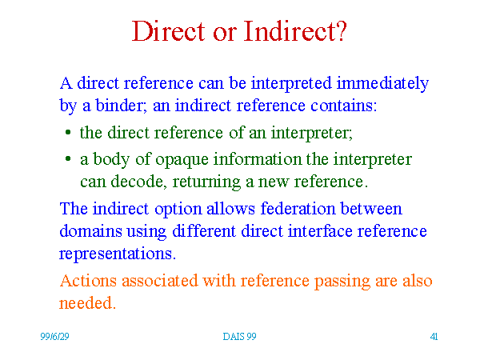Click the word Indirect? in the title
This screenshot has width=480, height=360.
(x=295, y=31)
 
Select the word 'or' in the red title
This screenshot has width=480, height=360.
(x=225, y=34)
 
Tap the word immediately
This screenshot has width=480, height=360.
(x=382, y=84)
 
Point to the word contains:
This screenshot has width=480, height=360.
(x=344, y=106)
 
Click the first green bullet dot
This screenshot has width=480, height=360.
(x=68, y=132)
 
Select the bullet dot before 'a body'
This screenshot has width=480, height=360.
(x=68, y=158)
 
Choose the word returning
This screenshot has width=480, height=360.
(x=206, y=182)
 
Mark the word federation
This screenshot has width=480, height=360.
(x=298, y=209)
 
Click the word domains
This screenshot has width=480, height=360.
(x=90, y=231)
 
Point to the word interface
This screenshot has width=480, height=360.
(x=320, y=231)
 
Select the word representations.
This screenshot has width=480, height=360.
(x=118, y=254)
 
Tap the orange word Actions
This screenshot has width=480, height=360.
(x=88, y=281)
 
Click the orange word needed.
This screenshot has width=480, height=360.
(x=87, y=303)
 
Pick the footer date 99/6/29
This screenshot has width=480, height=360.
(x=54, y=337)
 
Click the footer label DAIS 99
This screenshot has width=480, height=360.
(x=239, y=337)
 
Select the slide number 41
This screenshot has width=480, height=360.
(x=434, y=337)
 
